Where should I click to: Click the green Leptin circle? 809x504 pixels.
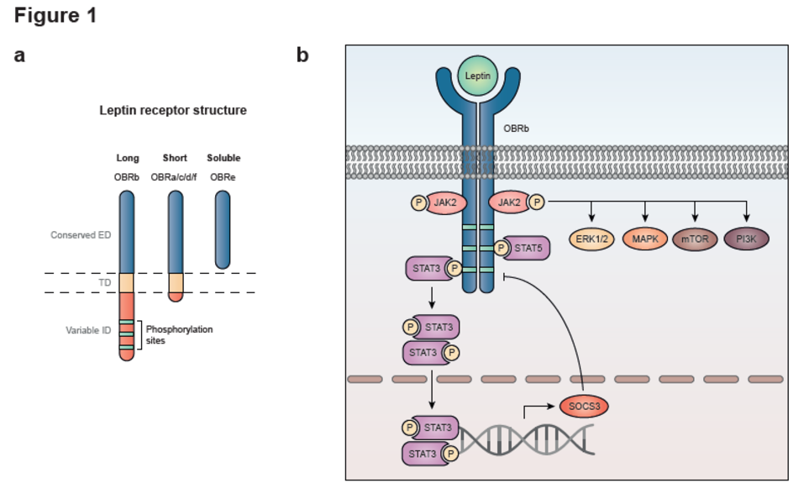pyautogui.click(x=478, y=76)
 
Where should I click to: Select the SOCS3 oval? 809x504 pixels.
pyautogui.click(x=583, y=407)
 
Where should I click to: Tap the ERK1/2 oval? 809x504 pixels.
pyautogui.click(x=592, y=239)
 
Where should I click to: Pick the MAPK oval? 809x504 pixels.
pyautogui.click(x=644, y=239)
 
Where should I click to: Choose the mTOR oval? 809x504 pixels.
pyautogui.click(x=695, y=239)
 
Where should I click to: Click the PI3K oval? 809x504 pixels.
pyautogui.click(x=746, y=239)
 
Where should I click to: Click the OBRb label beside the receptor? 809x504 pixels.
pyautogui.click(x=516, y=130)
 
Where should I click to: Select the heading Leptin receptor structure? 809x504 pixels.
pyautogui.click(x=173, y=110)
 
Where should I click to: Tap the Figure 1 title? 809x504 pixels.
pyautogui.click(x=55, y=16)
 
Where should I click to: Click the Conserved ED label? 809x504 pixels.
pyautogui.click(x=81, y=235)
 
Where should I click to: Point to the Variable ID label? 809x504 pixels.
pyautogui.click(x=88, y=330)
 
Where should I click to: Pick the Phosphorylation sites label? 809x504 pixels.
pyautogui.click(x=179, y=335)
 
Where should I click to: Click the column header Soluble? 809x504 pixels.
pyautogui.click(x=223, y=158)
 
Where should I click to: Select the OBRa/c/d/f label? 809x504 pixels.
pyautogui.click(x=174, y=178)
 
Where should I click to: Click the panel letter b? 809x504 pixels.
pyautogui.click(x=302, y=55)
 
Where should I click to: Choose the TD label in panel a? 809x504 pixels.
pyautogui.click(x=105, y=283)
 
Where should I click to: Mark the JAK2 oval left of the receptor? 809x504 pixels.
pyautogui.click(x=443, y=202)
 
